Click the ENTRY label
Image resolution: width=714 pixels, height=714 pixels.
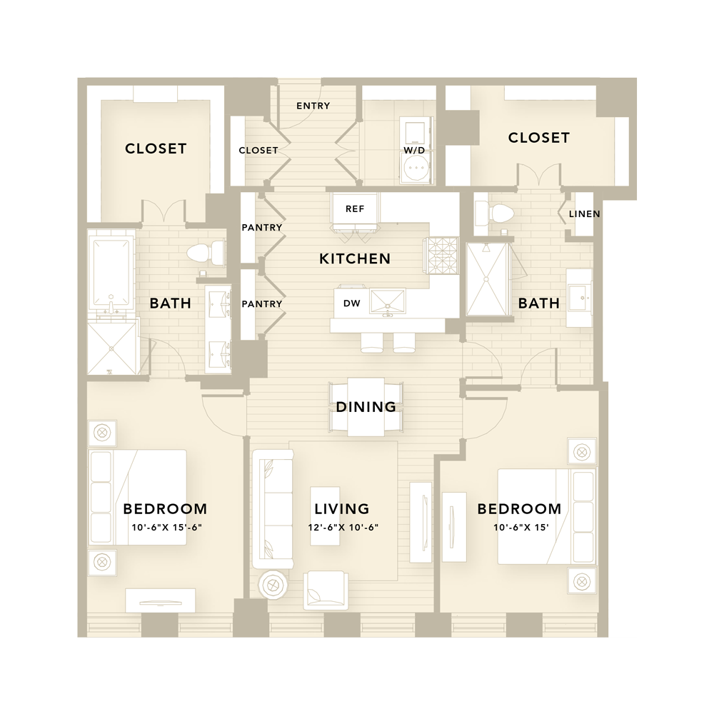click(x=313, y=106)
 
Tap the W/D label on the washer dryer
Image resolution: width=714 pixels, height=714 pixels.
click(x=414, y=150)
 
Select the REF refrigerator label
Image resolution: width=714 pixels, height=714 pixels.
click(x=355, y=209)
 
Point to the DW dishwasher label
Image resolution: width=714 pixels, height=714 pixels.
click(x=352, y=303)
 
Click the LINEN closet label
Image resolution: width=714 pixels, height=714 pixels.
click(x=584, y=213)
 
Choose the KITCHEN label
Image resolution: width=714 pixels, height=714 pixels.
click(x=355, y=258)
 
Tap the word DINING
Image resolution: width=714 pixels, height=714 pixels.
click(x=366, y=407)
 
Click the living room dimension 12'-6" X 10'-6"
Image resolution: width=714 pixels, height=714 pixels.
click(x=343, y=528)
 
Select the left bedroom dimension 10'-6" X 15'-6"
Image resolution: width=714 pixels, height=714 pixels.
click(x=166, y=528)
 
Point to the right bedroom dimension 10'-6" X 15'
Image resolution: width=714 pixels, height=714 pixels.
click(x=521, y=528)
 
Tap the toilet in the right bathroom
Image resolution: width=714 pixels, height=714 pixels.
click(x=493, y=213)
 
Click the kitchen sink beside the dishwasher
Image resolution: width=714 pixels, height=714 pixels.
click(x=387, y=301)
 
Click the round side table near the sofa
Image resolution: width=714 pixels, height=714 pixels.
click(x=272, y=584)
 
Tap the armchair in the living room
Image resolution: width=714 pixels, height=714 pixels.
click(x=326, y=590)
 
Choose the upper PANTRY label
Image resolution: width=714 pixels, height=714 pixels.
click(x=262, y=227)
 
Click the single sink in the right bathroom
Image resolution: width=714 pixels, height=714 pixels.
click(x=579, y=298)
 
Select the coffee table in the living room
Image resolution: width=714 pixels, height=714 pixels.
click(x=325, y=516)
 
